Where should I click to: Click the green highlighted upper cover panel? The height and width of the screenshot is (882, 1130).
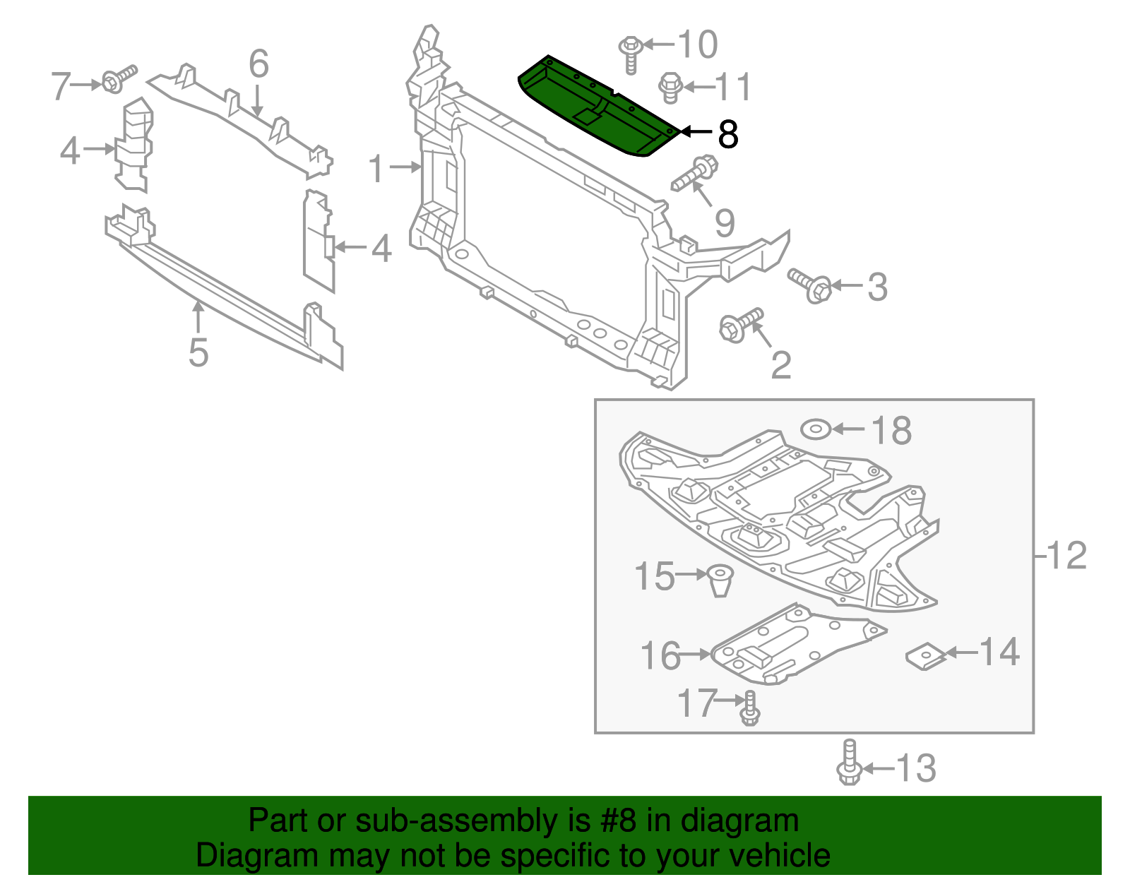pyautogui.click(x=597, y=106)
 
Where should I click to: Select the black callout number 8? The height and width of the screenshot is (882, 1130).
pyautogui.click(x=727, y=133)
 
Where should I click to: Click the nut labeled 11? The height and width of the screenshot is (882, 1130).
pyautogui.click(x=670, y=88)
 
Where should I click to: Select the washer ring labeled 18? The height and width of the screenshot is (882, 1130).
pyautogui.click(x=815, y=429)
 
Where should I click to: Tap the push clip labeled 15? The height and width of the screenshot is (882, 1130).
pyautogui.click(x=720, y=580)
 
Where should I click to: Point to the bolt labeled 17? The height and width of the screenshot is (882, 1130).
pyautogui.click(x=750, y=708)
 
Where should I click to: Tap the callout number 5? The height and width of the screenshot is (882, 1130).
pyautogui.click(x=198, y=352)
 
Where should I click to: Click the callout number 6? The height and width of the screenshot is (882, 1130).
pyautogui.click(x=258, y=64)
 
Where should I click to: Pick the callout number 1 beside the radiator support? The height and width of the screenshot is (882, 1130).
pyautogui.click(x=376, y=169)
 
